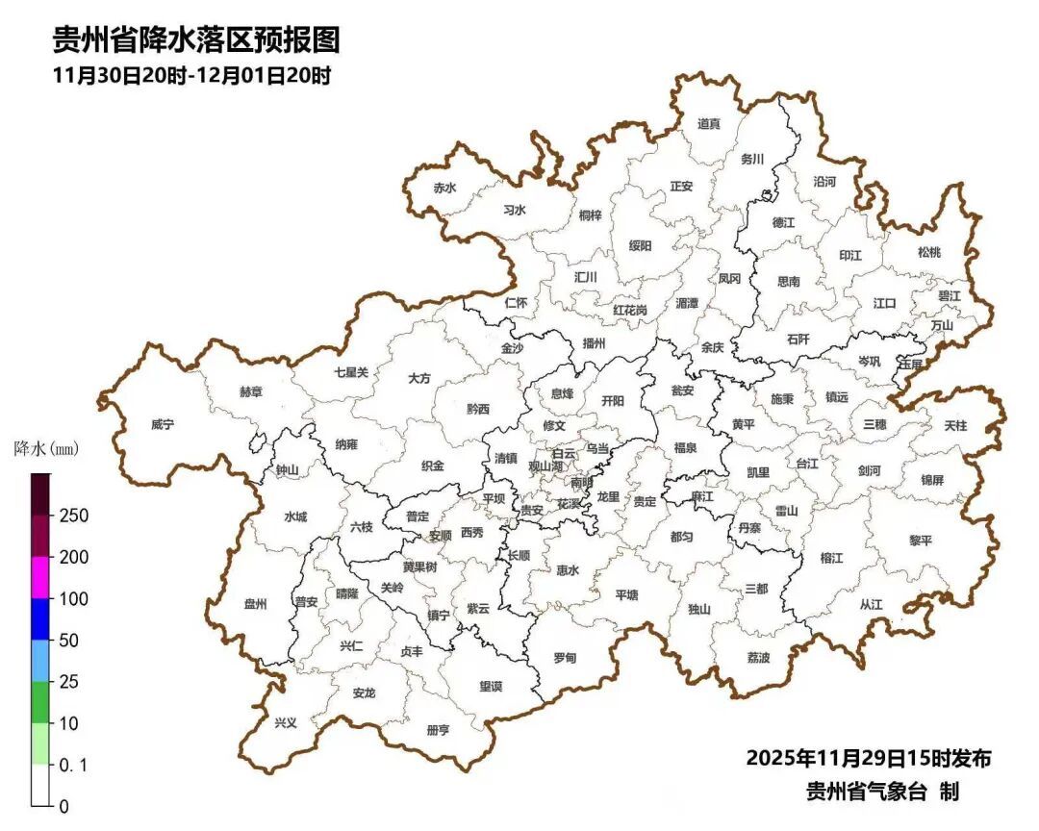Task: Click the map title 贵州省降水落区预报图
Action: coord(196,39)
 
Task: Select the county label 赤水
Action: coord(443,189)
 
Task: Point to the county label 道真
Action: coord(709,123)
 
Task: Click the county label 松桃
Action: coord(928,252)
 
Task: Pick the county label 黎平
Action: coord(921,541)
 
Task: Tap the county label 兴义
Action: coord(286,722)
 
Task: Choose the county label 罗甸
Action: coord(565,658)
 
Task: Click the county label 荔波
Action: coord(758,658)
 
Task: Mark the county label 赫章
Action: coord(250,392)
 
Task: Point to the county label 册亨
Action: coord(438,730)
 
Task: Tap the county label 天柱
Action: coord(955,424)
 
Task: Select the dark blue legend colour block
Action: coord(39,618)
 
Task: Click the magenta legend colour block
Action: coord(39,577)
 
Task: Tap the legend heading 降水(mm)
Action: coord(46,449)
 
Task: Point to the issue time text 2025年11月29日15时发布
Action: coord(868,758)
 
